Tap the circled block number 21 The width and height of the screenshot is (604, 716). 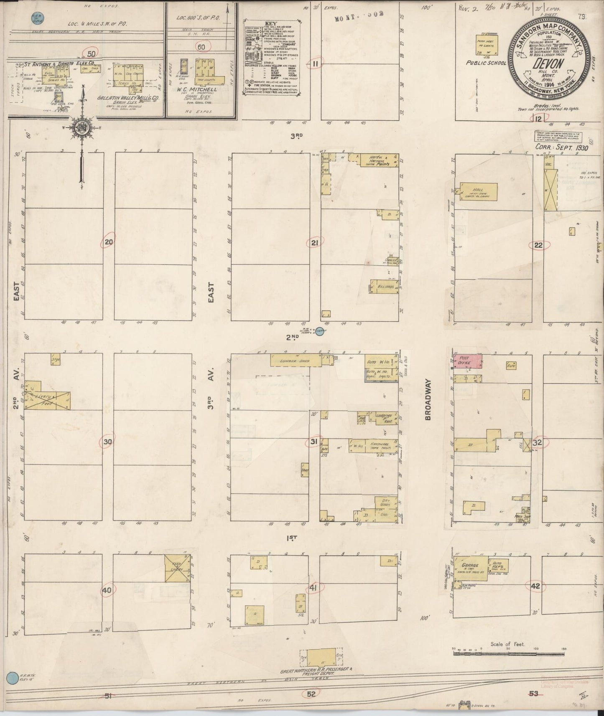315,243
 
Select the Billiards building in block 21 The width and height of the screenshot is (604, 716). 384,287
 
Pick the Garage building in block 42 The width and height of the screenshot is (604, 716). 470,569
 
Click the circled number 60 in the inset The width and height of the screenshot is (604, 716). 201,47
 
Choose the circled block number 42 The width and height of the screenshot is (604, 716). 535,586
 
